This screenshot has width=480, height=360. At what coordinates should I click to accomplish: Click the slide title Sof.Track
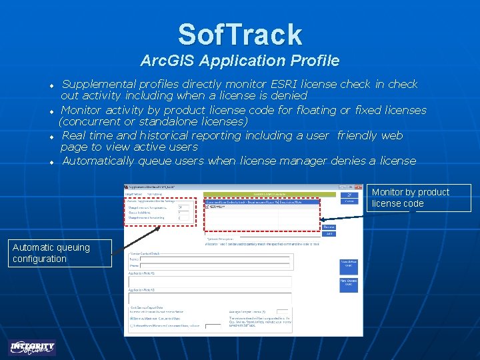[240, 34]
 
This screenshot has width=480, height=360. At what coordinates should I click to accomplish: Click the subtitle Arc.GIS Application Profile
[240, 61]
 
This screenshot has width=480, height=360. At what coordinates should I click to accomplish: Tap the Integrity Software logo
[33, 347]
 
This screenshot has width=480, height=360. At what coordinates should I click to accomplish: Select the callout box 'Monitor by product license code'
[418, 198]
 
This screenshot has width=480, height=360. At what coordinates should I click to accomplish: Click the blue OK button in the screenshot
[349, 195]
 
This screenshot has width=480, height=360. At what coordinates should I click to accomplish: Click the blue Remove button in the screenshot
[329, 227]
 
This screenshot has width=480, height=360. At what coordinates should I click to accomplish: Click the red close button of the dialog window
[358, 187]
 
